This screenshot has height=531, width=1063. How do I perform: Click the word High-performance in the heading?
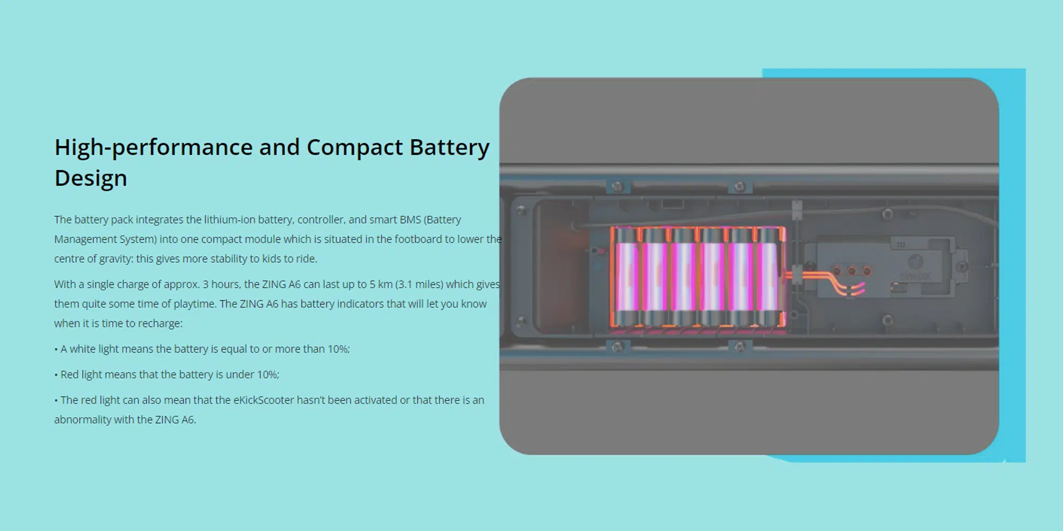[x=154, y=147]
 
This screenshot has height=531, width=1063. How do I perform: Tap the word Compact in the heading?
[x=354, y=147]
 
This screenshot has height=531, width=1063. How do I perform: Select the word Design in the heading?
[x=91, y=178]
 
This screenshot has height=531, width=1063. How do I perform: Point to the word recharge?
[x=163, y=323]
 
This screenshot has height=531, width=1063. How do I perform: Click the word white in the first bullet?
[x=82, y=349]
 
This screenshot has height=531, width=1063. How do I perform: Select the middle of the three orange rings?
[x=851, y=271]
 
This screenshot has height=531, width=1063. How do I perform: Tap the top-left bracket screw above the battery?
[x=617, y=187]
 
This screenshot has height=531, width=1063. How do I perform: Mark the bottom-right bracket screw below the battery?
[x=739, y=348]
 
